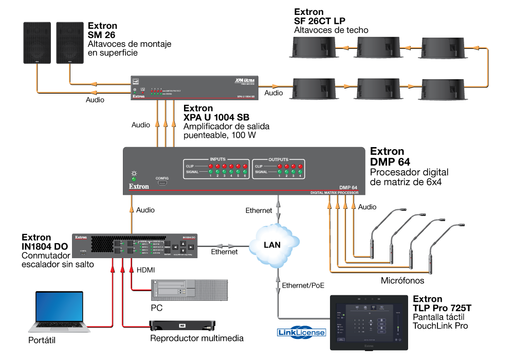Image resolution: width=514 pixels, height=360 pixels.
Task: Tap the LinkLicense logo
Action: [302, 333]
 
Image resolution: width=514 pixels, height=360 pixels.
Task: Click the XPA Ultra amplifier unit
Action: [195, 87]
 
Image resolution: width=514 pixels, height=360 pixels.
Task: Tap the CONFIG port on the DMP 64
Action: [162, 183]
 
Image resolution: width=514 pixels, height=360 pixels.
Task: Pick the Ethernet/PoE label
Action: [303, 284]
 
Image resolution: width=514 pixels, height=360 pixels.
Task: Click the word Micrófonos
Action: [402, 281]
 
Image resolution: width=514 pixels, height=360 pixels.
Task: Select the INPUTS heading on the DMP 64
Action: [217, 159]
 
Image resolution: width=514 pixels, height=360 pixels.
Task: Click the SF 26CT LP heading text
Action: [320, 21]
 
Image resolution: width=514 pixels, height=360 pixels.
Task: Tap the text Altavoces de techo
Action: [331, 30]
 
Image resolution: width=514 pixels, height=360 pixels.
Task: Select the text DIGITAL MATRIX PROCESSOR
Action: [335, 192]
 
